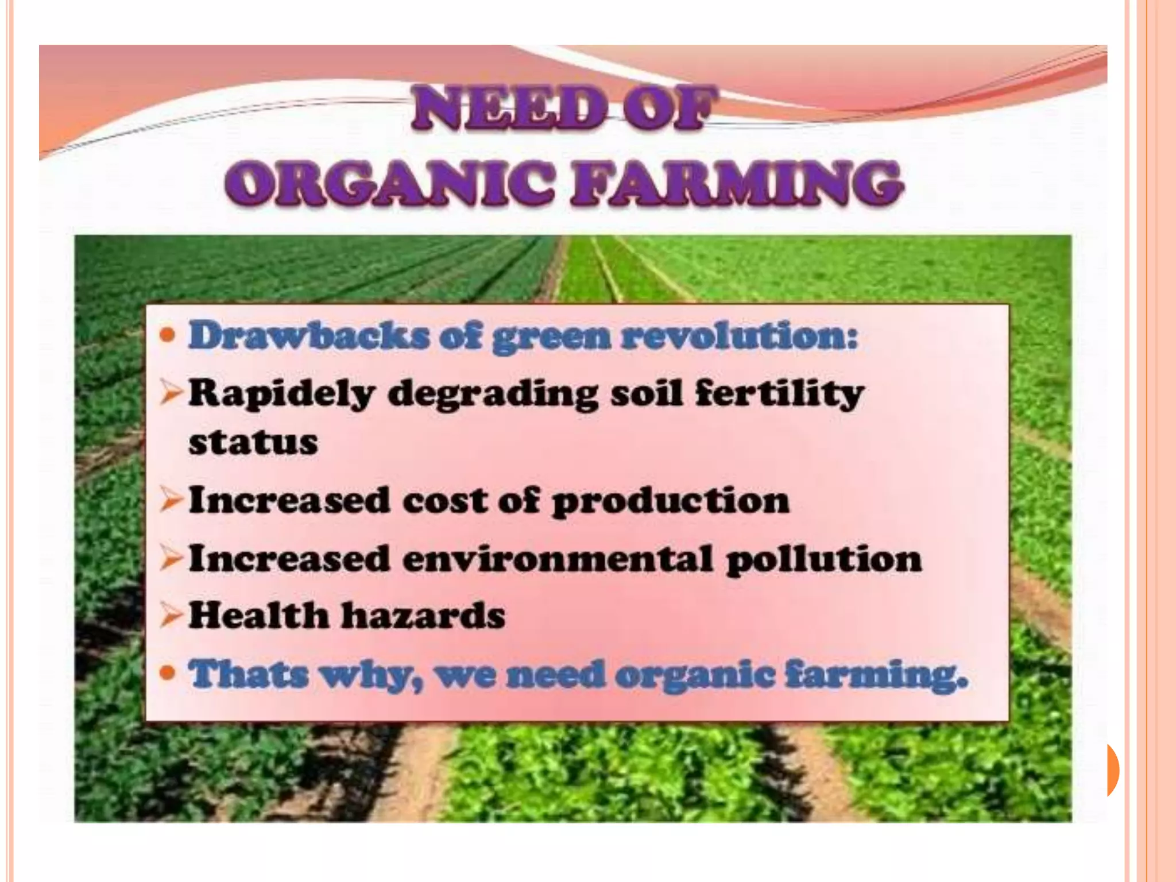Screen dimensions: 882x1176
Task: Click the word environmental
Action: click(x=557, y=558)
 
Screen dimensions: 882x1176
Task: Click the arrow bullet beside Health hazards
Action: click(x=172, y=616)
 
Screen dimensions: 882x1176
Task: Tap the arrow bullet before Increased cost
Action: click(x=172, y=501)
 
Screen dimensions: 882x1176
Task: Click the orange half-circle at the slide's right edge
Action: click(x=1113, y=769)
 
